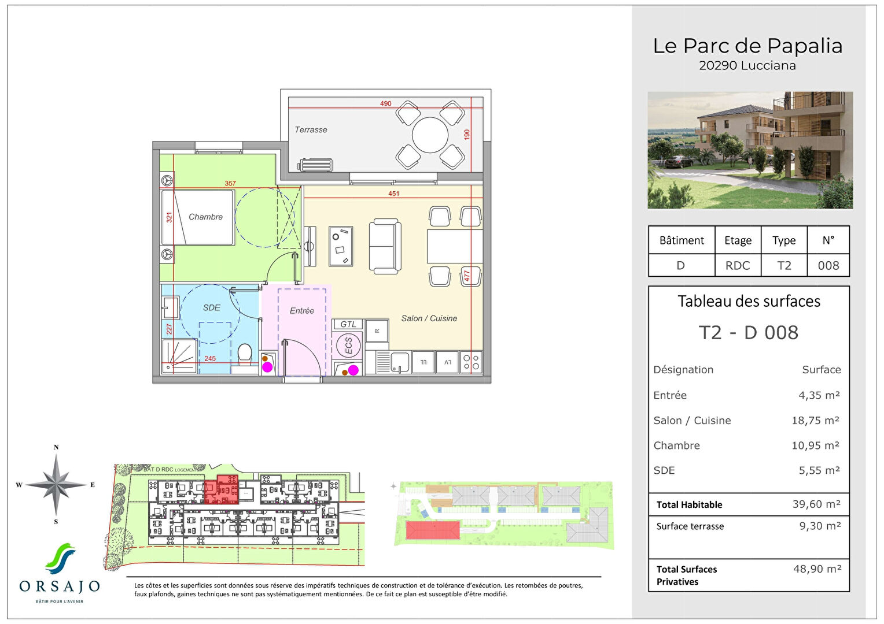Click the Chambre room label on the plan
coord(205,217)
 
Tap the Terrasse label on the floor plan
coord(311,130)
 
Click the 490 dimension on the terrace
coord(385,104)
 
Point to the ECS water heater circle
coord(348,346)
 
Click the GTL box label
coord(348,325)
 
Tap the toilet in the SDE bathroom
coord(245,354)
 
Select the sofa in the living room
coord(385,247)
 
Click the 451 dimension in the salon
coord(393,194)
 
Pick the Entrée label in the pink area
coord(301,311)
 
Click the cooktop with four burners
coord(472,362)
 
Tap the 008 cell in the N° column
coord(828,266)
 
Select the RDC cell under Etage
coord(738,266)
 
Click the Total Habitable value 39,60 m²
coord(816,504)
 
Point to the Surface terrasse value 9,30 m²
coord(819,526)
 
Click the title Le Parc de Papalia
coord(747,46)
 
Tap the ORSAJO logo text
coord(60,587)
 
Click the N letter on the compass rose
coord(56,448)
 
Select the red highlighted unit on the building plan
coord(221,490)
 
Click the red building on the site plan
coord(432,530)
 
